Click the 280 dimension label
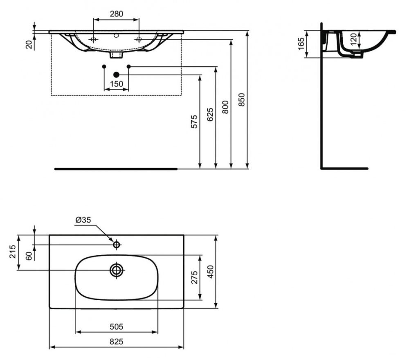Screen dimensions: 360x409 (x=116, y=13)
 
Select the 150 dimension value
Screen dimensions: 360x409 (x=116, y=84)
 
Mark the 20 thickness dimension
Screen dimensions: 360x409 (x=29, y=44)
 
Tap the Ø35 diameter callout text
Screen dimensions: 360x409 (x=83, y=220)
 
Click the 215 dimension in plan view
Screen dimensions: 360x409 (x=12, y=252)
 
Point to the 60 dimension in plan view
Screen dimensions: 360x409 (x=29, y=255)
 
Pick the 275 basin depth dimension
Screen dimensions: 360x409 (x=195, y=277)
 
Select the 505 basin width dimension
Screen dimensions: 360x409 (x=116, y=326)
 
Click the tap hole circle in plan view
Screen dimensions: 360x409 (x=116, y=245)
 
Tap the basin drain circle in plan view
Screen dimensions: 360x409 (x=117, y=270)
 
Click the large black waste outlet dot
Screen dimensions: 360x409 (x=116, y=74)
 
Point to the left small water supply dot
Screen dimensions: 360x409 (x=104, y=66)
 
